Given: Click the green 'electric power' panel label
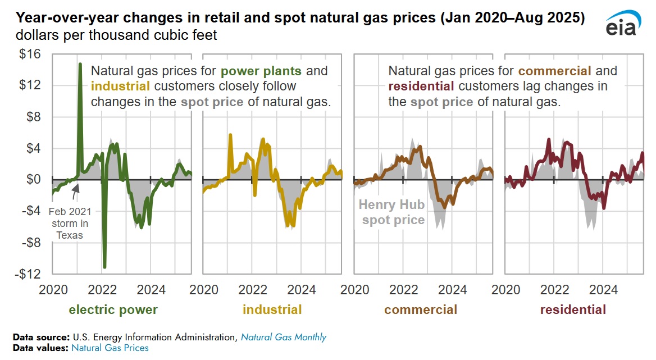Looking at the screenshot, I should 113,309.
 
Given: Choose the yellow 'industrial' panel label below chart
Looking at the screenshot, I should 272,309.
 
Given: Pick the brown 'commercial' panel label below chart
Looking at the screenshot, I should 421,309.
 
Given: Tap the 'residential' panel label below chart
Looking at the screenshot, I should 573,309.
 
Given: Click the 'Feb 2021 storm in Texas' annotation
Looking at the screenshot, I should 69,224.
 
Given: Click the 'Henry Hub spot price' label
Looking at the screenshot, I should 393,213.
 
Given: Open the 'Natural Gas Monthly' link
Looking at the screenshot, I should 284,337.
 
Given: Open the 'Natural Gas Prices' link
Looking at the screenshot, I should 110,348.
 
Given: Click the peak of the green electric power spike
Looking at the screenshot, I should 80,65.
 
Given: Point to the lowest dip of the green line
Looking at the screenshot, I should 104,266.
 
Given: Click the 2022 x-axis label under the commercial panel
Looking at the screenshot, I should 403,290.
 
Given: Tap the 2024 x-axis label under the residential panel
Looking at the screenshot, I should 603,290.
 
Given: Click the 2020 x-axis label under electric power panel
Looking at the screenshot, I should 53,290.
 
